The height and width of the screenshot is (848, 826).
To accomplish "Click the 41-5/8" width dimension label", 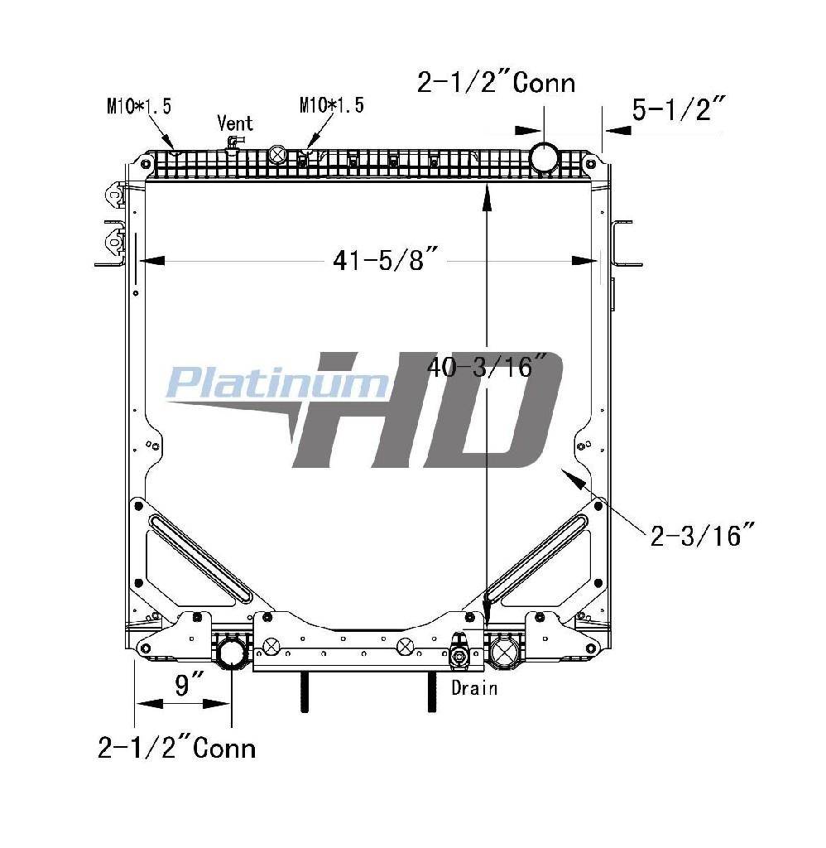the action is (x=386, y=261).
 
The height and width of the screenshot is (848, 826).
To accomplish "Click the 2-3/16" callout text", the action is (x=702, y=536).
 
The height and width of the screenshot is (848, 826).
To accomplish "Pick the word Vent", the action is (x=234, y=123).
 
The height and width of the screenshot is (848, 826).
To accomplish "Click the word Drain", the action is (x=474, y=688).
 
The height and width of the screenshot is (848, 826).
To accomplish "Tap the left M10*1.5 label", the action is (x=139, y=106).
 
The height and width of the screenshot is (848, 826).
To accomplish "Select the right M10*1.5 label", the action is (x=331, y=105).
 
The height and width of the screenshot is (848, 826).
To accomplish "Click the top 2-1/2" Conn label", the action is (x=496, y=83).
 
